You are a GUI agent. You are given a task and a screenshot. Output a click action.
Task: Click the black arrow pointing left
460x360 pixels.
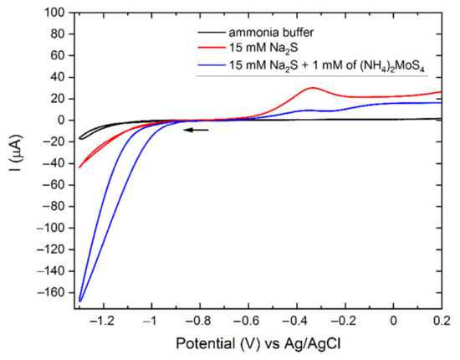click(x=197, y=130)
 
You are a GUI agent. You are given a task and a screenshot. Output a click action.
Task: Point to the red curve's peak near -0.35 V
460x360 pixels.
click(x=312, y=87)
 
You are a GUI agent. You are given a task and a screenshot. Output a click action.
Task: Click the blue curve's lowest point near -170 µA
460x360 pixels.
click(x=80, y=300)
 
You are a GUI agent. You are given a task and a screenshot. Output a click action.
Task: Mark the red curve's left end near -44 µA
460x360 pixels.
click(x=79, y=167)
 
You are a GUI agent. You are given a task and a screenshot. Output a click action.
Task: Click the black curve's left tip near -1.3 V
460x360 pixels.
click(x=79, y=138)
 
